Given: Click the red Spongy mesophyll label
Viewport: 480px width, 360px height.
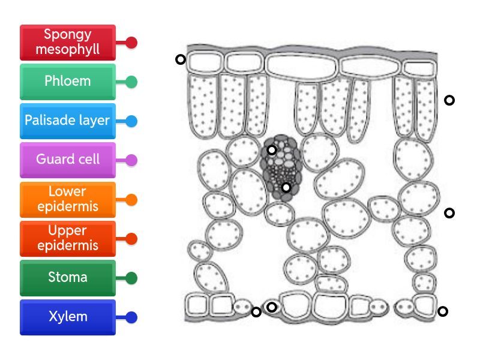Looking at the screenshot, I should click(x=67, y=43).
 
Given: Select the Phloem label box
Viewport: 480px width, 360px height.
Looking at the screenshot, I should click(x=67, y=82).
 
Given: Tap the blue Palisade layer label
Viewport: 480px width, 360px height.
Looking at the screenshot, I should click(x=67, y=121).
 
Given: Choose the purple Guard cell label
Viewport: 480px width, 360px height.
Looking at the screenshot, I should click(x=67, y=160).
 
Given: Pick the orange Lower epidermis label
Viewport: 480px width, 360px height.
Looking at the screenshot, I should click(x=67, y=199).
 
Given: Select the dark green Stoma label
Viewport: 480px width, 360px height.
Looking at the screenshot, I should click(x=67, y=278).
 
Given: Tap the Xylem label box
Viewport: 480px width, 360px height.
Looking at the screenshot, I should click(x=67, y=317).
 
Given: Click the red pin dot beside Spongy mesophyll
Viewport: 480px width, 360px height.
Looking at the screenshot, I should click(x=131, y=43).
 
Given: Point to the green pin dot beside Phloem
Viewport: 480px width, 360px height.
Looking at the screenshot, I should click(x=131, y=82).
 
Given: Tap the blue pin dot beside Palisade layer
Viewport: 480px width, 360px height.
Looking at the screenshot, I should click(x=131, y=121).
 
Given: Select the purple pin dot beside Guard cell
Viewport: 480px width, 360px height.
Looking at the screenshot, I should click(x=131, y=160).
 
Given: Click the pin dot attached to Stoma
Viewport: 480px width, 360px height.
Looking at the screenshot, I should click(x=131, y=278).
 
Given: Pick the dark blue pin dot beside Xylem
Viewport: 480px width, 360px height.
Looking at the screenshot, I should click(x=131, y=317).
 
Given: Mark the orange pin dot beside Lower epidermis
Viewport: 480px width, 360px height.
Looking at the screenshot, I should click(x=131, y=200).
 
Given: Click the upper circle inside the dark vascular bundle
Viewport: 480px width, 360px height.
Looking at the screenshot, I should click(x=272, y=150).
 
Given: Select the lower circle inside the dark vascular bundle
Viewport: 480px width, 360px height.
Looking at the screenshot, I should click(x=286, y=188).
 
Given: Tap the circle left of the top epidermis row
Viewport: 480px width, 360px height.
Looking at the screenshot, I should click(x=180, y=59).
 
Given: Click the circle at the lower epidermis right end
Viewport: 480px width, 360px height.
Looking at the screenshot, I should click(x=443, y=311).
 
